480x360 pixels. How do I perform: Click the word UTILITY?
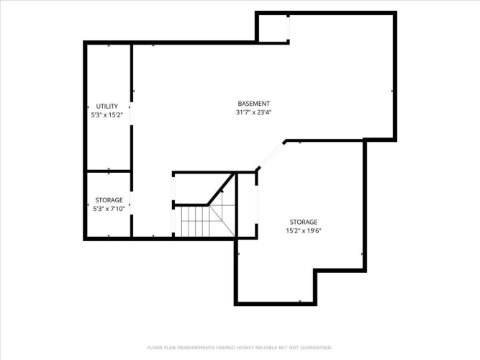click(x=107, y=107)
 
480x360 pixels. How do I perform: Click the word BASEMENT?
click(x=254, y=104)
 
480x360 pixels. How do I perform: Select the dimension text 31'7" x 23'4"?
click(x=254, y=112)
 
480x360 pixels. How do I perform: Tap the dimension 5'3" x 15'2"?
click(x=107, y=115)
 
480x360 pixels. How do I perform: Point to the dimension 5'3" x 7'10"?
click(x=109, y=209)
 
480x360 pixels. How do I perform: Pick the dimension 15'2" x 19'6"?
click(x=304, y=230)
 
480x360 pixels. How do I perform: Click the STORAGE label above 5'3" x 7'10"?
click(x=109, y=200)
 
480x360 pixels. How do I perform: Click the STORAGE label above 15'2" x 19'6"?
click(x=304, y=222)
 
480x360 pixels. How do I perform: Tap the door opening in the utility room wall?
click(x=132, y=114)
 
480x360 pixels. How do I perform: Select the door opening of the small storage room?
click(x=132, y=203)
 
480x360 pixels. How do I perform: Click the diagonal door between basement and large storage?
click(x=271, y=156)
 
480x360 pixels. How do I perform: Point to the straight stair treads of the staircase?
click(x=195, y=221)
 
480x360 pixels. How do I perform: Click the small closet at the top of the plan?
click(x=273, y=28)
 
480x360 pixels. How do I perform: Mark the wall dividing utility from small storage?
click(x=109, y=171)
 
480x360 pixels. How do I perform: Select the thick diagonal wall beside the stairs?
click(x=221, y=189)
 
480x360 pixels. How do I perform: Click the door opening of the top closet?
click(x=288, y=28)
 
